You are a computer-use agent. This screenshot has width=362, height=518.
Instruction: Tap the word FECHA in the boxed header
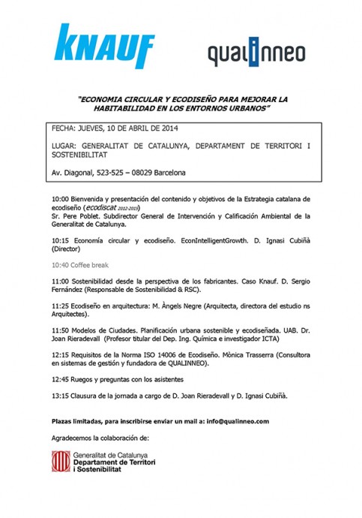tap(65, 128)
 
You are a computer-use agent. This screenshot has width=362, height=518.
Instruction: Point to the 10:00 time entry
tap(61, 200)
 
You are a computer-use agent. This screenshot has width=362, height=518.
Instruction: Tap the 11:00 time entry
tap(61, 280)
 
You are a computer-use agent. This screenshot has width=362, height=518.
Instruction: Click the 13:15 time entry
tap(61, 396)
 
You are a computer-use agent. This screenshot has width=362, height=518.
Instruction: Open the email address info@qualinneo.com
tap(233, 422)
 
